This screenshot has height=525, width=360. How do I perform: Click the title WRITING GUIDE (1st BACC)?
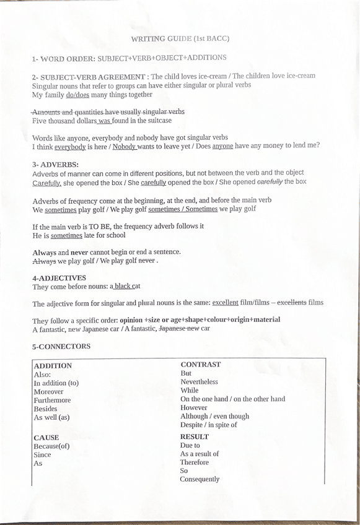point(180,38)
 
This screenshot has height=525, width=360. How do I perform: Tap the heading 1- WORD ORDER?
point(61,58)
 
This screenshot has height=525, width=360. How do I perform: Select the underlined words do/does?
point(77,95)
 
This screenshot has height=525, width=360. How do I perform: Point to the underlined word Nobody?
point(124,145)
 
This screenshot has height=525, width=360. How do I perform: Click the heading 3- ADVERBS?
point(55,165)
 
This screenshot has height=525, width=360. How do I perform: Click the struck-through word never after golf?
point(146,261)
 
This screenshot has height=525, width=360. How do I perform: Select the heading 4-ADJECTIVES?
point(59,278)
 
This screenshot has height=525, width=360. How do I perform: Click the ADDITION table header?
point(53,365)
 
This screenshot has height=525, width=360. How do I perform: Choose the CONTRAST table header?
point(200,364)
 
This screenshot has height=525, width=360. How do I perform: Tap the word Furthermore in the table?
point(52,401)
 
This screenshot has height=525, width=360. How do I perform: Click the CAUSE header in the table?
point(46,437)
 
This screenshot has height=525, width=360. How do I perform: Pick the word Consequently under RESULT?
point(200,479)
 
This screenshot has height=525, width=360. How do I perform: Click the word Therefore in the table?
point(195,462)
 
